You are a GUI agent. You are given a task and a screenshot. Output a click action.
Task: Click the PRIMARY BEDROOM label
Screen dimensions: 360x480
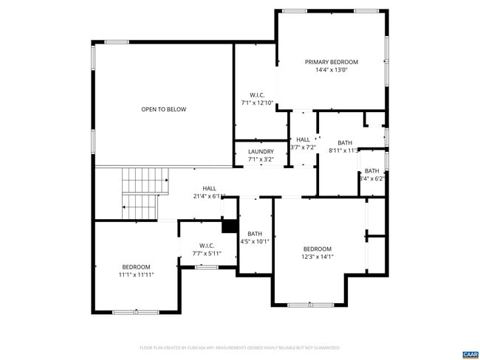click(331, 62)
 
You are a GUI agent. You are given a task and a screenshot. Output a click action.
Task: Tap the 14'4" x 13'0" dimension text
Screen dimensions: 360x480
click(331, 70)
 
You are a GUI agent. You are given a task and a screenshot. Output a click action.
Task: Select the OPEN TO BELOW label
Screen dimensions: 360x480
click(164, 109)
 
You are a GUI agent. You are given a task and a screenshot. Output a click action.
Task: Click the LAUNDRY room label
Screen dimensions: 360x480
click(261, 152)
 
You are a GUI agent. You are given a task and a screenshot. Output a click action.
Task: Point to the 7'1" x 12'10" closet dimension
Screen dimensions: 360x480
click(257, 103)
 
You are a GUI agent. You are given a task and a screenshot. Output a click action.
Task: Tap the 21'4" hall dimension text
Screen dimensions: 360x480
click(210, 196)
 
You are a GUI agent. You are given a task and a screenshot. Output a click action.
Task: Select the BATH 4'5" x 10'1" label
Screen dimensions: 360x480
click(255, 237)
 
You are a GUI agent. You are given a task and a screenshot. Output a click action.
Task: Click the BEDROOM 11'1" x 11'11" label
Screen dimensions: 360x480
click(136, 270)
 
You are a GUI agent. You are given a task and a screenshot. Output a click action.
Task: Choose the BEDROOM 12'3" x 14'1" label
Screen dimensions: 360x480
click(317, 252)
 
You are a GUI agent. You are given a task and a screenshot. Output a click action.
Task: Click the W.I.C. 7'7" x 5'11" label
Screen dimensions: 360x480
click(207, 249)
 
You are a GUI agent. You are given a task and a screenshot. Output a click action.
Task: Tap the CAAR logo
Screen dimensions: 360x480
click(470, 354)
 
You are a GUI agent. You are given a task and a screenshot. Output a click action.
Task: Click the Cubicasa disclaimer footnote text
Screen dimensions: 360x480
click(239, 347)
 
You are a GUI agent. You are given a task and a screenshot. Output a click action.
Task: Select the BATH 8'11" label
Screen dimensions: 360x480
click(345, 146)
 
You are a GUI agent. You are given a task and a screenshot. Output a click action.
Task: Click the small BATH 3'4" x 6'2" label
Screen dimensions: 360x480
click(371, 174)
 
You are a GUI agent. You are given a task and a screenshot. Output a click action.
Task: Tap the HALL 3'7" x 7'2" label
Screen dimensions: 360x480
click(303, 143)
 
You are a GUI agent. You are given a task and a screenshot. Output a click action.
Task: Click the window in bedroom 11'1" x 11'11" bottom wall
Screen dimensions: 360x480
click(135, 312)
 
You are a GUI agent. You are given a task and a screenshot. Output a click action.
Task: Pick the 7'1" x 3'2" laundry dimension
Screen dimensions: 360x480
click(261, 159)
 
